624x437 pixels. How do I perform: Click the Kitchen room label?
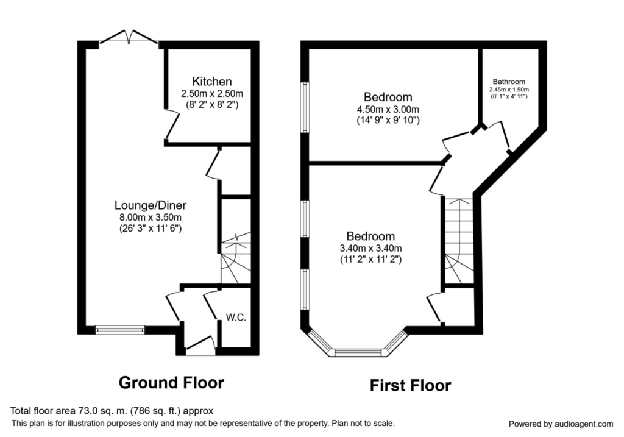[x=211, y=82]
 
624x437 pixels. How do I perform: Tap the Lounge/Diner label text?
[x=151, y=205]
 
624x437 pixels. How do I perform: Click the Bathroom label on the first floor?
[x=509, y=82]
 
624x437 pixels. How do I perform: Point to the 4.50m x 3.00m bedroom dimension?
[x=388, y=109]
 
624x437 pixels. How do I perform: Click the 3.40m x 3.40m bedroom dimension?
[x=370, y=248]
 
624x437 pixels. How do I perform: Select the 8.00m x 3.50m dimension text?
[x=151, y=218]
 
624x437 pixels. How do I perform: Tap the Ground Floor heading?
[x=171, y=383]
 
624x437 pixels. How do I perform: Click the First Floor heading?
[x=410, y=386]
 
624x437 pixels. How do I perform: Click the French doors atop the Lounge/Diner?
[x=129, y=37]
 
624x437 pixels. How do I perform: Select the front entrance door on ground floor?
[x=200, y=346]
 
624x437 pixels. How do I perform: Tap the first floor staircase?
[x=459, y=240]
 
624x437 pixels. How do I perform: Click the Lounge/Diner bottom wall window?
[x=120, y=330]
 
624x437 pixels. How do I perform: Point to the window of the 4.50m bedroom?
[x=305, y=107]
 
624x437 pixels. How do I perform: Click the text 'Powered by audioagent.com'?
[x=561, y=424]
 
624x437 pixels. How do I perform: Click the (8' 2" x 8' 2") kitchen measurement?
[x=211, y=105]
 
